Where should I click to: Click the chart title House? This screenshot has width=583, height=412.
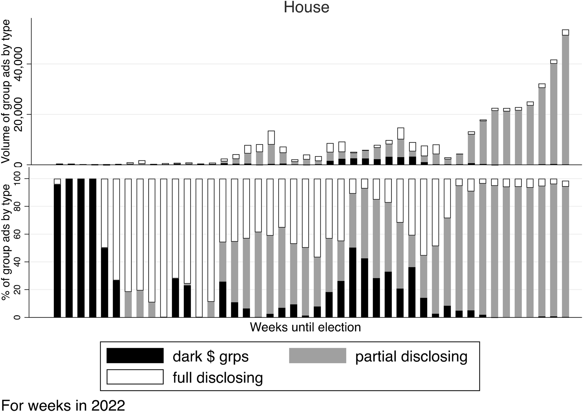[306, 7]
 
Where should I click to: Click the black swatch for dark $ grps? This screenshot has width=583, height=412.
[135, 356]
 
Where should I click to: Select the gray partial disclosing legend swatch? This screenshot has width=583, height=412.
[317, 356]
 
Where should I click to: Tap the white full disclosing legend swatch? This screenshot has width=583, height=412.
[135, 377]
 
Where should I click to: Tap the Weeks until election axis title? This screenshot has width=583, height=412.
[305, 327]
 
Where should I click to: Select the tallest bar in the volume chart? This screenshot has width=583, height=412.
[565, 97]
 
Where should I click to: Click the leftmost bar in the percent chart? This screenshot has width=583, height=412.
[57, 248]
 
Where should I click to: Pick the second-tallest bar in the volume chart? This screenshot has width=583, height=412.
[553, 112]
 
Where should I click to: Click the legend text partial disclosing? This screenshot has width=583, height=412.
[411, 356]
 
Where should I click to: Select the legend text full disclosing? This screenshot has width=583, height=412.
[217, 378]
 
